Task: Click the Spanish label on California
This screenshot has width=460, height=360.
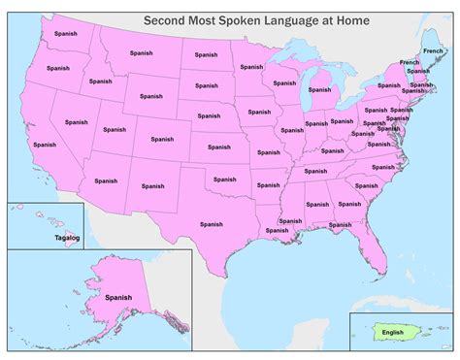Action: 44,146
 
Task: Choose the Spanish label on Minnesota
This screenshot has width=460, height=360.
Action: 251,67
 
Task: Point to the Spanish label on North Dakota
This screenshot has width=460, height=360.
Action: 206,54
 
